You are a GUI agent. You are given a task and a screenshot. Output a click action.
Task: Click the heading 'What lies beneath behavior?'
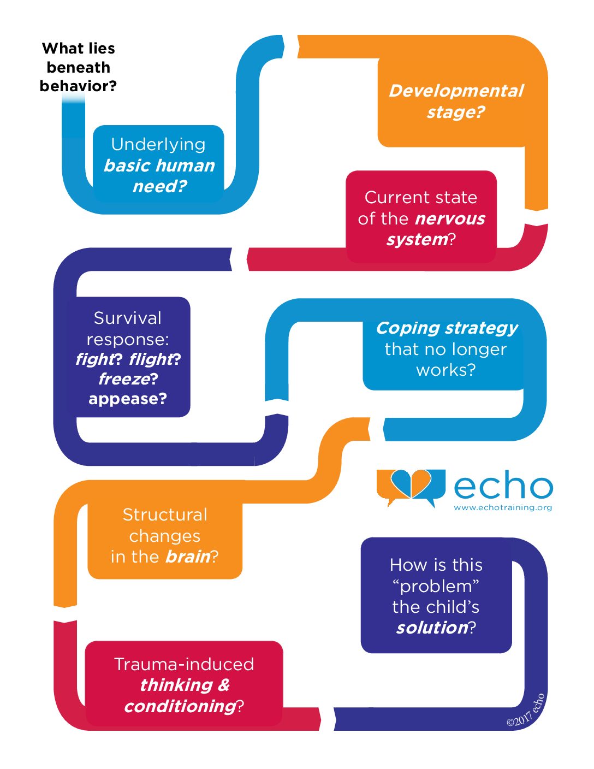[x=78, y=67]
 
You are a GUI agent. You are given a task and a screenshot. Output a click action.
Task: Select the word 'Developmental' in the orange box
[x=456, y=91]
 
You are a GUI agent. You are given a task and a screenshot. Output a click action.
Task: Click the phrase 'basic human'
[x=159, y=165]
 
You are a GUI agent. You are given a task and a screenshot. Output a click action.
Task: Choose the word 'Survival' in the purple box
[x=127, y=318]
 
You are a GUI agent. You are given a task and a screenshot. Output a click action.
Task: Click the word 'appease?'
[x=128, y=399]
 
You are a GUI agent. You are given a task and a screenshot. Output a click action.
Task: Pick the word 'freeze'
[x=124, y=379]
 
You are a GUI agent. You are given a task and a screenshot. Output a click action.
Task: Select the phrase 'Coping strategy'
[x=447, y=329]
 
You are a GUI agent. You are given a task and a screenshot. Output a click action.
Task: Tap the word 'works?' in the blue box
[x=445, y=370]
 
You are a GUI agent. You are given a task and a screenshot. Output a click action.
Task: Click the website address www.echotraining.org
[x=503, y=507]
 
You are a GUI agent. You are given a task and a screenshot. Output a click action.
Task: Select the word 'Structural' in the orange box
[x=165, y=514]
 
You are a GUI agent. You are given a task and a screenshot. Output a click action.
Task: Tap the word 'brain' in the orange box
[x=188, y=557]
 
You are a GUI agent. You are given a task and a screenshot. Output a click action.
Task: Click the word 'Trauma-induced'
[x=184, y=664]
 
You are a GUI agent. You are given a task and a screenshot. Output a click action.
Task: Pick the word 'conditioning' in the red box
[x=180, y=706]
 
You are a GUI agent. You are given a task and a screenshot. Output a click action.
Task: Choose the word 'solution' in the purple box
[x=432, y=628]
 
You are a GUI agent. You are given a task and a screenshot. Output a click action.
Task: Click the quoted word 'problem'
[x=436, y=587]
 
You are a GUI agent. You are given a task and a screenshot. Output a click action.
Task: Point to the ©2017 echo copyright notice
[x=525, y=711]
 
